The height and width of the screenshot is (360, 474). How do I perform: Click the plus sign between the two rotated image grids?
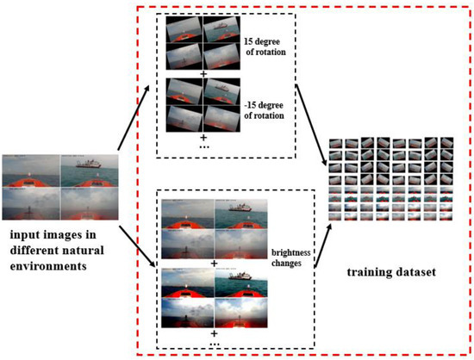(x=204, y=73)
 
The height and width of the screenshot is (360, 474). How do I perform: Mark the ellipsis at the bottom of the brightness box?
(x=204, y=344)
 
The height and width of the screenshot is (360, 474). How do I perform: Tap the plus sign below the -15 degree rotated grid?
(x=204, y=137)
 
